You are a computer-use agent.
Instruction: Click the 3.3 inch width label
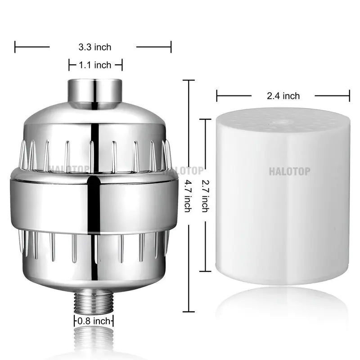click(x=94, y=47)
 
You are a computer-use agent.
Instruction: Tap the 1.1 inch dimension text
click(x=95, y=65)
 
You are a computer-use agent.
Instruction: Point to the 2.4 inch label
click(x=283, y=95)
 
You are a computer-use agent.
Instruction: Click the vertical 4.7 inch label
click(x=188, y=196)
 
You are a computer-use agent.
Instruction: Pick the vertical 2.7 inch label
click(x=204, y=196)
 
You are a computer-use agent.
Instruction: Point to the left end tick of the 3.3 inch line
click(x=15, y=46)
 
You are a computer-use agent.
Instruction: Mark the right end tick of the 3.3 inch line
click(x=171, y=46)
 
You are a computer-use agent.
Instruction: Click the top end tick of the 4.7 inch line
click(x=188, y=80)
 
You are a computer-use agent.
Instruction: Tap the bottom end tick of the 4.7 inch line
click(x=188, y=311)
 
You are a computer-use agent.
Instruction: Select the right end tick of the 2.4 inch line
click(x=349, y=95)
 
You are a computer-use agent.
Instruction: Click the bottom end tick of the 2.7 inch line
click(x=205, y=271)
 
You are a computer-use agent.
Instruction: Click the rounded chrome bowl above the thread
click(x=94, y=274)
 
